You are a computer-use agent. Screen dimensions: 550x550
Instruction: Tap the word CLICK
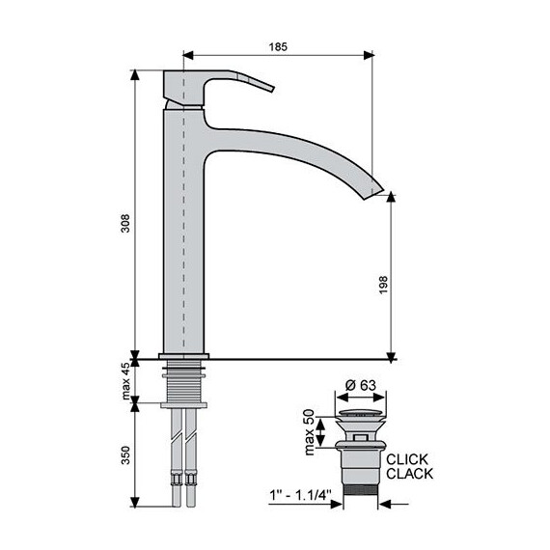(406, 459)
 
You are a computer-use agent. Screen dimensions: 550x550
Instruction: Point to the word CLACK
(409, 474)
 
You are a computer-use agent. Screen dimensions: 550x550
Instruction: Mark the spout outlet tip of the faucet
(374, 190)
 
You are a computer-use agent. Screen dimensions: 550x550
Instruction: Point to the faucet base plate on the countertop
(183, 358)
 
